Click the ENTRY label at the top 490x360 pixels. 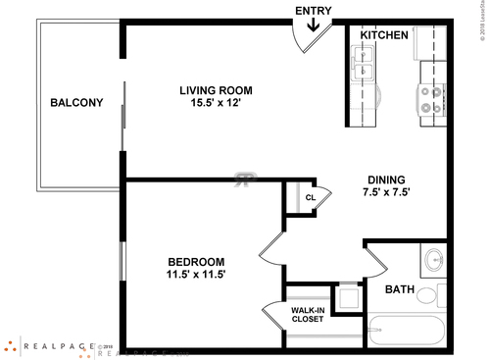[314, 11]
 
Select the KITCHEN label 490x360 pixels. [384, 35]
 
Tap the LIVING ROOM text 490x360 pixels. [217, 91]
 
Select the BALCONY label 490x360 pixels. [76, 102]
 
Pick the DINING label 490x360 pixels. [388, 179]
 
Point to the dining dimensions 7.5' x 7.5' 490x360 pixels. [388, 192]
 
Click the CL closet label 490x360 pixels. [310, 197]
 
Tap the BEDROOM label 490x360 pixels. [196, 262]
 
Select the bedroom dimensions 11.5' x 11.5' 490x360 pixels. [196, 276]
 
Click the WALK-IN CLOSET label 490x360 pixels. [308, 315]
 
